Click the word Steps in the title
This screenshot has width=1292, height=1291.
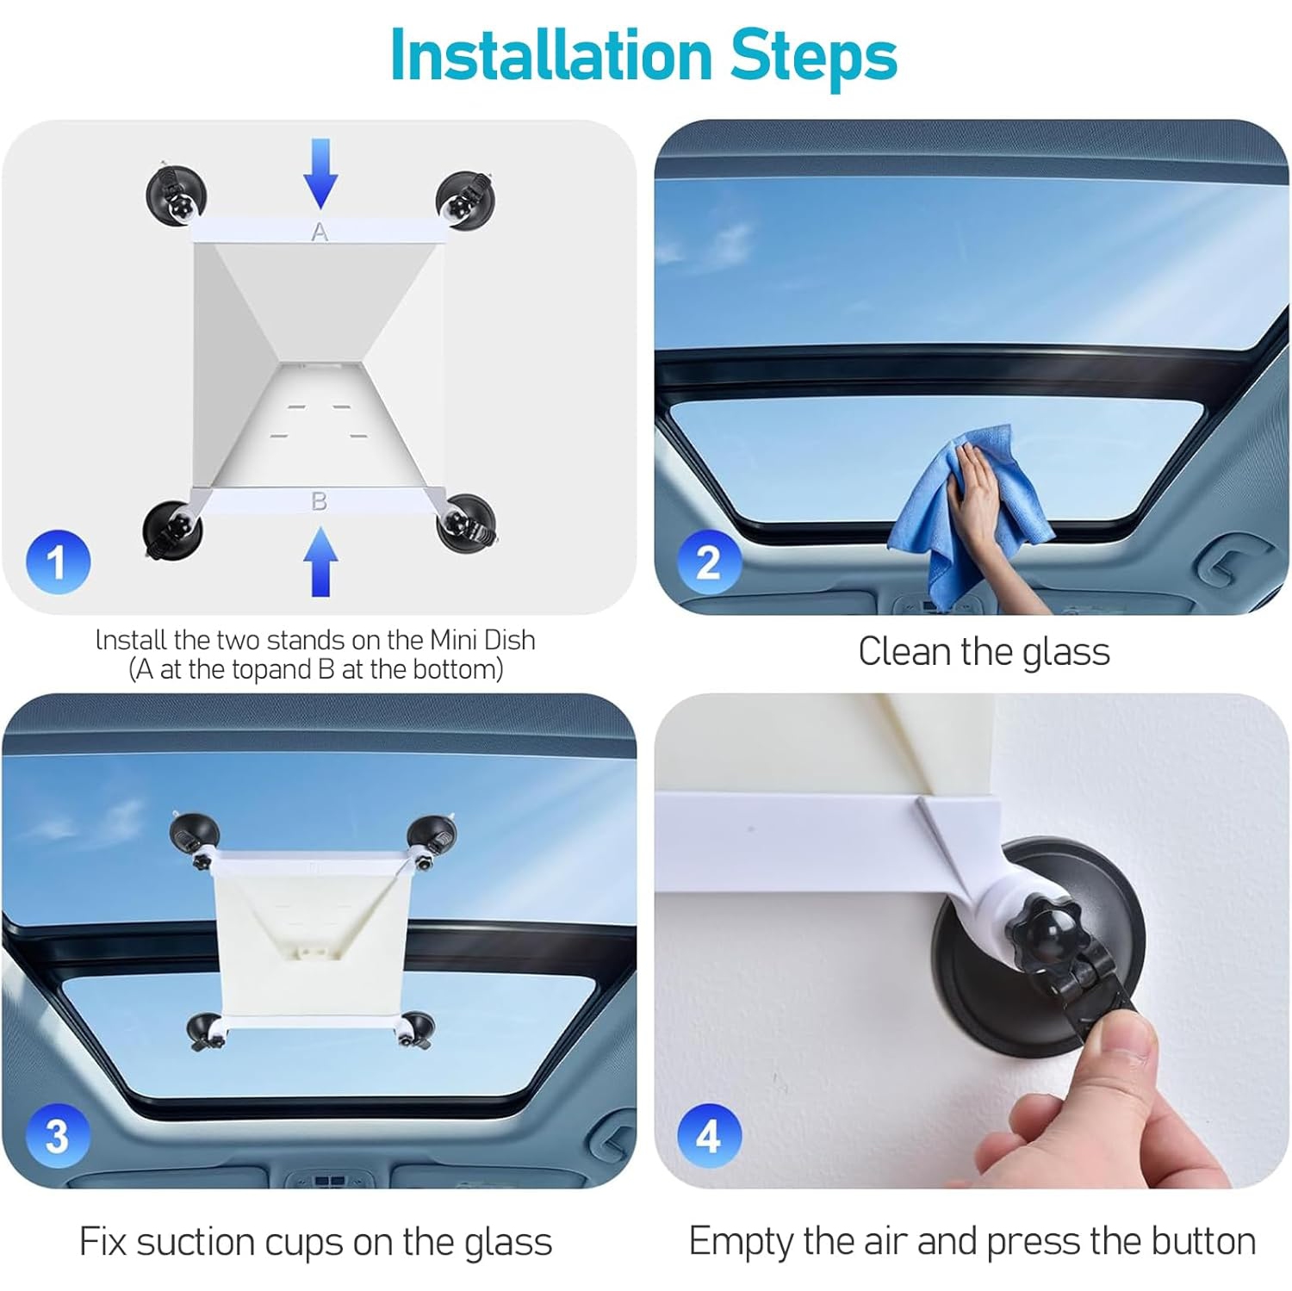click(813, 56)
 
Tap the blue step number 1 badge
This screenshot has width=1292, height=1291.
click(58, 562)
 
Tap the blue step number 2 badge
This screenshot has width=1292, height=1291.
click(708, 562)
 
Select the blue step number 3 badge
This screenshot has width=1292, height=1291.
click(58, 1135)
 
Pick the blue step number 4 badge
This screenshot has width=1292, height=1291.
click(708, 1135)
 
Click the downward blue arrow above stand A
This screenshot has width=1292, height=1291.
click(320, 172)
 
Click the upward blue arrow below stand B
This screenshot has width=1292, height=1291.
click(320, 562)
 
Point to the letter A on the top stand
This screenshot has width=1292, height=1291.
click(320, 232)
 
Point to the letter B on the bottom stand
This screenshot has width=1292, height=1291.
click(319, 501)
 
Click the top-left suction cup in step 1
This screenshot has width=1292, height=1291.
click(176, 195)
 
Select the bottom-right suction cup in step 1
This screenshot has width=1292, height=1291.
click(466, 523)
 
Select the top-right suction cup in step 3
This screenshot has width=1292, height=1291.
click(432, 835)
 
